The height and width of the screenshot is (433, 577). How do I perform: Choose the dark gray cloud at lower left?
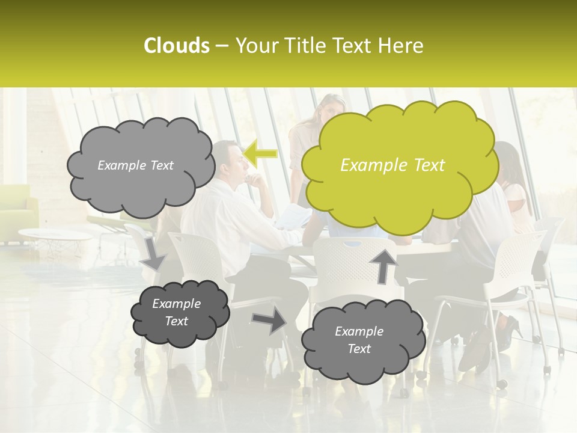click(179, 313)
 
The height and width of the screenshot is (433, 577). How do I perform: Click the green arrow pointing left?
click(260, 153)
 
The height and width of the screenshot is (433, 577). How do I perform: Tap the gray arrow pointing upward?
click(383, 265)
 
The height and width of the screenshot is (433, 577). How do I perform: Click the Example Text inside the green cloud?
click(392, 165)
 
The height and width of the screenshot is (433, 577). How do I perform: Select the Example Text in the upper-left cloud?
click(135, 165)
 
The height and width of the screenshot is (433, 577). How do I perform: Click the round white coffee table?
click(54, 235)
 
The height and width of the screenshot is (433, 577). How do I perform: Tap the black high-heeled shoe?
click(510, 329)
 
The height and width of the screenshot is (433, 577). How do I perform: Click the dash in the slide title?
click(221, 46)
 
